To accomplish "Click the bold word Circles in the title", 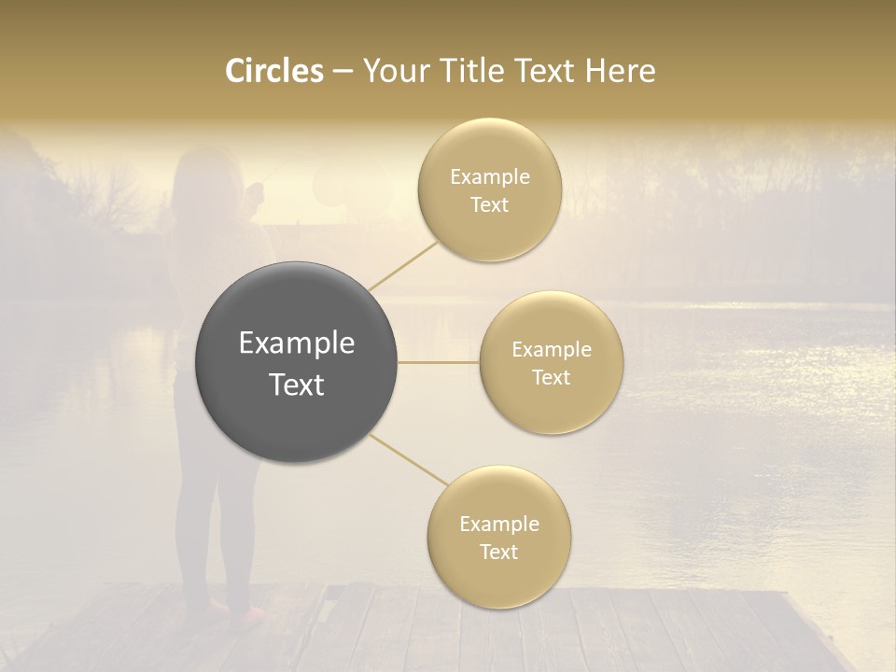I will coord(274,71).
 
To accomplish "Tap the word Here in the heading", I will coord(621,71).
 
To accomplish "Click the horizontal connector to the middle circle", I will coord(438,362).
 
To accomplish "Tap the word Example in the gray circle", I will coord(297,343).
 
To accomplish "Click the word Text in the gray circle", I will coord(297,385).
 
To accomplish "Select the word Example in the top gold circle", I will coord(490,177).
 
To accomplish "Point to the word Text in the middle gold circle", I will coord(551,378).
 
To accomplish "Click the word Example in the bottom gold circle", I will coord(499,525).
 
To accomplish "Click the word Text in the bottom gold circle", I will coord(498,553).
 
